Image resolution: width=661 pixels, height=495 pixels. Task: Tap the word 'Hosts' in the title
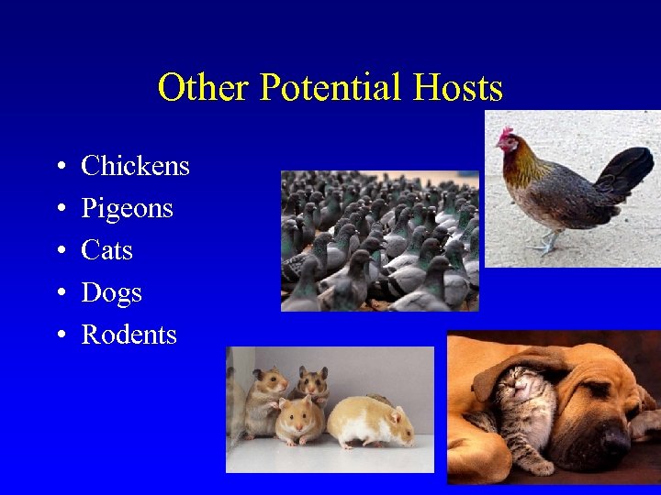(x=458, y=88)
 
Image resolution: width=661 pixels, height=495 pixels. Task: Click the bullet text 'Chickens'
(x=135, y=166)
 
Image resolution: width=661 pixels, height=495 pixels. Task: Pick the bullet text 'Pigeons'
(x=127, y=208)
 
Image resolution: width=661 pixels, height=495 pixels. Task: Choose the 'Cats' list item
(x=106, y=250)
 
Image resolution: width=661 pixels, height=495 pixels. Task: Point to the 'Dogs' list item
(x=111, y=292)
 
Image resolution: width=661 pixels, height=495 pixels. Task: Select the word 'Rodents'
(x=129, y=335)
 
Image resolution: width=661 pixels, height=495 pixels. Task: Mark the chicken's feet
(x=547, y=245)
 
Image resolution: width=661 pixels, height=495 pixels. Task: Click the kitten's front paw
(x=542, y=467)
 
